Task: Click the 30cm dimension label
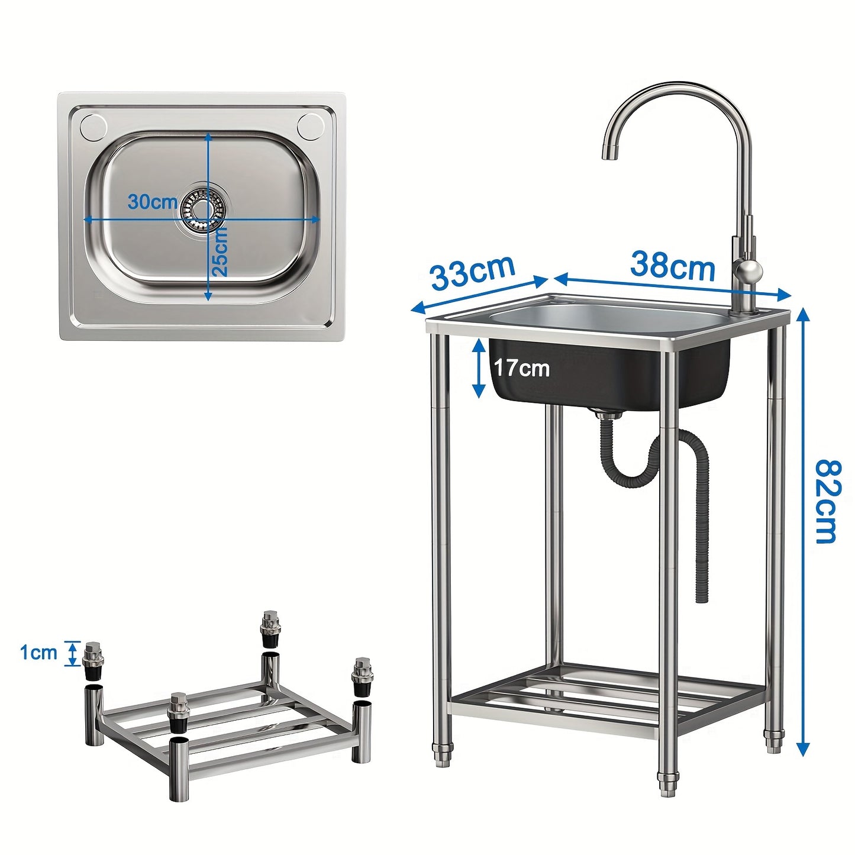[153, 202]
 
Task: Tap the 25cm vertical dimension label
[219, 252]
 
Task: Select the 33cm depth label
[473, 271]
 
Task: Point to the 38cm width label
[673, 266]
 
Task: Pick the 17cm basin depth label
[522, 368]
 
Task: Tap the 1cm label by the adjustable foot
[38, 653]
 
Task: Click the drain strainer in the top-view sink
[203, 208]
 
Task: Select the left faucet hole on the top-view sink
[93, 125]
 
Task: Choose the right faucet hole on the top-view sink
[310, 125]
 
